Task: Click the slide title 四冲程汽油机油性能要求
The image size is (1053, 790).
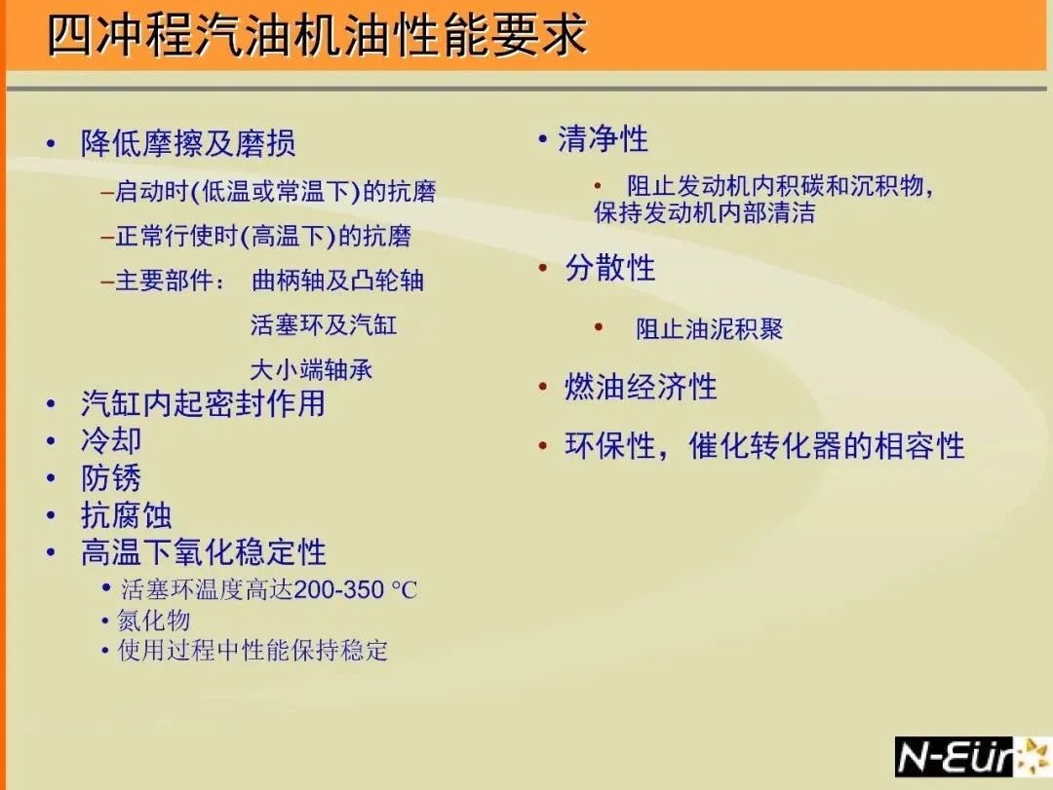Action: pos(317,35)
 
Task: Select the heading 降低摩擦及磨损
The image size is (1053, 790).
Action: pos(188,143)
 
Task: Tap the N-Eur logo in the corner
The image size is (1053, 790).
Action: pos(972,757)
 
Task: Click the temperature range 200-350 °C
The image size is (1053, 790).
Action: pos(356,589)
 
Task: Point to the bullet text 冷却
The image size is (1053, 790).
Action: pos(111,441)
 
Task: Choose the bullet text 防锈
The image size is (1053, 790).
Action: pos(111,478)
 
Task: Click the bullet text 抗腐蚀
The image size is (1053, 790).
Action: pos(126,515)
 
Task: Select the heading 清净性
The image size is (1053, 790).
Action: pos(604,139)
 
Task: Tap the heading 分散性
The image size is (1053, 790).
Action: pos(609,267)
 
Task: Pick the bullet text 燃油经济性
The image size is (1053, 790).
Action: pos(641,387)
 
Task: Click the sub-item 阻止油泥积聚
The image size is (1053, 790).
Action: pos(709,329)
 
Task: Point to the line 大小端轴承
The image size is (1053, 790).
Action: pos(311,370)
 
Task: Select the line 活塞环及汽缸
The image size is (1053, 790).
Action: pos(324,324)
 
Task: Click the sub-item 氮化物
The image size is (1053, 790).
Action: pos(154,621)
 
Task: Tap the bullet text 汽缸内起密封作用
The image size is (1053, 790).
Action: pos(203,403)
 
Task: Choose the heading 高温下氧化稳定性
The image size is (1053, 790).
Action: pos(204,552)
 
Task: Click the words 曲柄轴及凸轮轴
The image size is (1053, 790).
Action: pos(337,280)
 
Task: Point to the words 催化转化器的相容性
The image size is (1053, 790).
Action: pos(827,446)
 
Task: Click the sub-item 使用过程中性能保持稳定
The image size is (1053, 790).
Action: pos(253,650)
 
